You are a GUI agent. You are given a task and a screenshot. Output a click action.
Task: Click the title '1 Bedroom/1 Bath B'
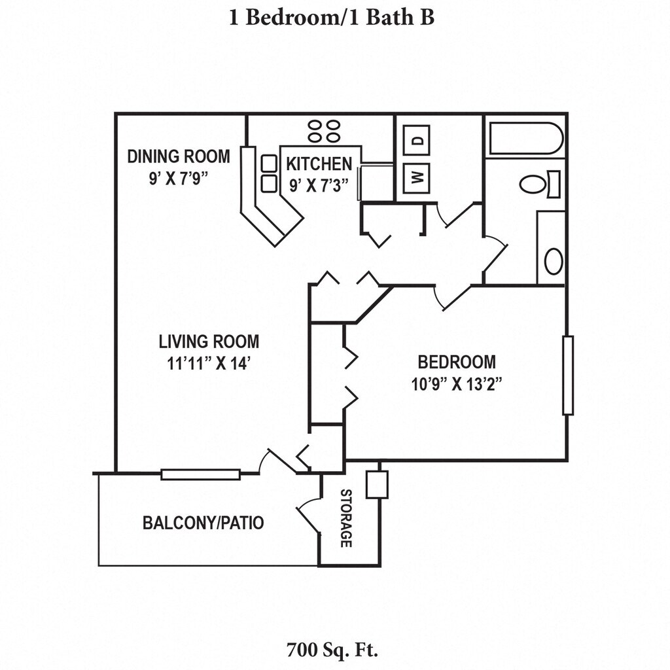point(332,18)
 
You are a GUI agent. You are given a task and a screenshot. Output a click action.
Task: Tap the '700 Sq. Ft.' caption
point(333,650)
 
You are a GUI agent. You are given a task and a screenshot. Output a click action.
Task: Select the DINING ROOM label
point(179,156)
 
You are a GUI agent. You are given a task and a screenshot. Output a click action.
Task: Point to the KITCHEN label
point(319,164)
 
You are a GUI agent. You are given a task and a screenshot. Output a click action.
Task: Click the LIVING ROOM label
point(209,342)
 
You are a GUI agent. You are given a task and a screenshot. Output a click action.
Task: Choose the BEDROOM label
point(457,362)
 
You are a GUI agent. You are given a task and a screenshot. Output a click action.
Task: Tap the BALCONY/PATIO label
point(203,523)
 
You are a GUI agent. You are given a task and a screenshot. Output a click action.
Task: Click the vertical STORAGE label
point(346,518)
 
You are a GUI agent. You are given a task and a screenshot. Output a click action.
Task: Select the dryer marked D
point(416,139)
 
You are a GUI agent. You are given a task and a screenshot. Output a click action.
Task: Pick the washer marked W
point(416,176)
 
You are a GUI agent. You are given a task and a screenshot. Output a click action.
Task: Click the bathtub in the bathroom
point(525,138)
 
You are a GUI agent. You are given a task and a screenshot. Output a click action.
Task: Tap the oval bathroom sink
point(554,261)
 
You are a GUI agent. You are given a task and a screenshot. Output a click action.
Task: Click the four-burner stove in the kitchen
point(324,131)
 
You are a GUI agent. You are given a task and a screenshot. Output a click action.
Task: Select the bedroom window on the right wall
point(568,375)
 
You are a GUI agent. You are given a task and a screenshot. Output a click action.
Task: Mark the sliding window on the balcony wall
point(200,474)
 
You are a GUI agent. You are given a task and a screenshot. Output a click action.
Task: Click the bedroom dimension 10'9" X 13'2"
point(457,384)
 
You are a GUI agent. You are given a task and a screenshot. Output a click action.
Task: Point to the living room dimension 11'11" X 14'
point(209,364)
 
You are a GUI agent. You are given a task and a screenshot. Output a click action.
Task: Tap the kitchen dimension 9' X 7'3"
point(319,185)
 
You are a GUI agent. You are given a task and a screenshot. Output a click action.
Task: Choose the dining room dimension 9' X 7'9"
point(179,178)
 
